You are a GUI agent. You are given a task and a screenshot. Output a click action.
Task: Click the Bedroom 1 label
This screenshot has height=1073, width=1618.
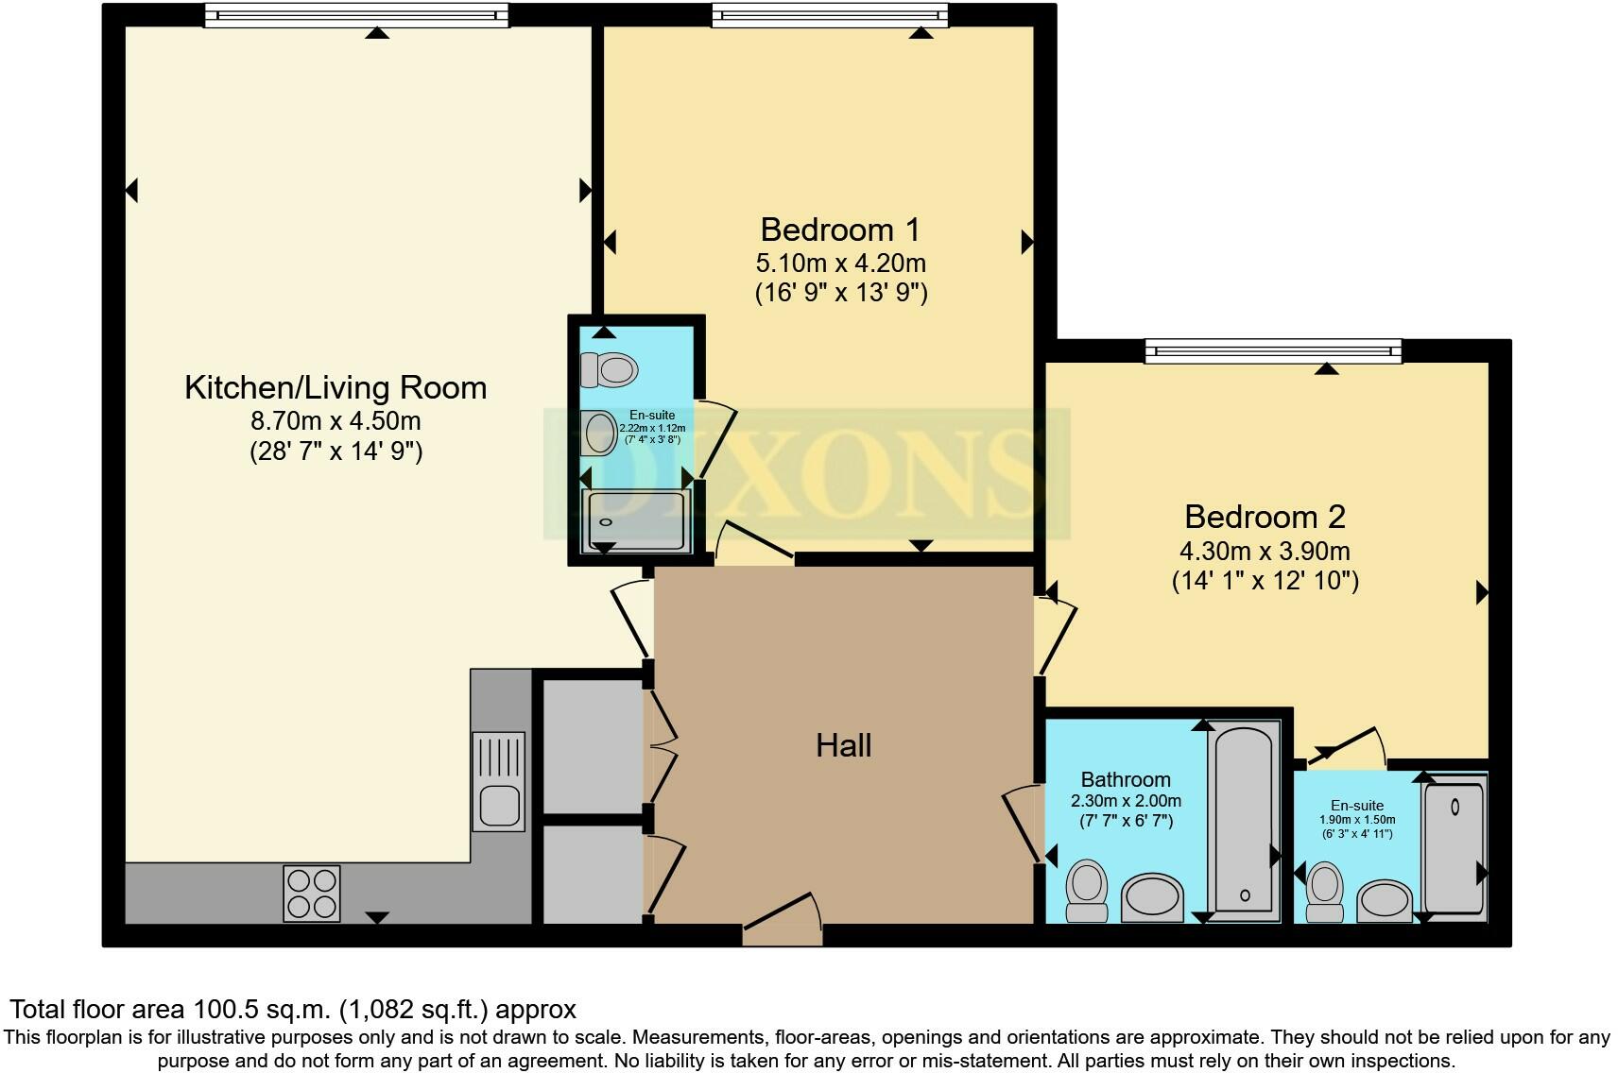click(x=839, y=230)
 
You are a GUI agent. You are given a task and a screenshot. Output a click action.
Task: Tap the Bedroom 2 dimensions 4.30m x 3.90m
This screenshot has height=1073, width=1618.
click(x=1265, y=551)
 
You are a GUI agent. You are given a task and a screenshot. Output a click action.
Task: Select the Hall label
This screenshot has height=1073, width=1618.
click(x=843, y=745)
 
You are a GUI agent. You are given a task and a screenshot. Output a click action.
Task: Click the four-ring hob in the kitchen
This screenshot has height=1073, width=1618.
click(x=312, y=894)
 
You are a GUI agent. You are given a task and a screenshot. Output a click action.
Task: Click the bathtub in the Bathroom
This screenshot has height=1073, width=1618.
click(x=1244, y=821)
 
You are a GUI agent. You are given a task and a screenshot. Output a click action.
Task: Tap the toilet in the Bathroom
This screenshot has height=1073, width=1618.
click(x=1087, y=890)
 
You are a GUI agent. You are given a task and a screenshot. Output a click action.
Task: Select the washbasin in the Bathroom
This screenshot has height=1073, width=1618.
click(x=1152, y=896)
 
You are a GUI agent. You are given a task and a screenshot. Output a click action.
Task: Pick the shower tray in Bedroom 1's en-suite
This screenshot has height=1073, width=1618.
click(x=638, y=519)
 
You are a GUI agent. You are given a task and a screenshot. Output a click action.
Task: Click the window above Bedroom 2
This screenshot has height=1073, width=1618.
click(x=1272, y=351)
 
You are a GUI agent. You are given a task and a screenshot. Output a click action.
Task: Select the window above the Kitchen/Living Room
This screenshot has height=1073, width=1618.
click(x=356, y=15)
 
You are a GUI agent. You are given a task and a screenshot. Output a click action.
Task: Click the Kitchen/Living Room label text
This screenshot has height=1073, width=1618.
click(x=336, y=387)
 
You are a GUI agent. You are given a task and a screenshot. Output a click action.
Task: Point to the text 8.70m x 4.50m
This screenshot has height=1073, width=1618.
click(x=336, y=420)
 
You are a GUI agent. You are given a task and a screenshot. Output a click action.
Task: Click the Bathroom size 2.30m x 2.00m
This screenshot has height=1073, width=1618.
click(x=1126, y=801)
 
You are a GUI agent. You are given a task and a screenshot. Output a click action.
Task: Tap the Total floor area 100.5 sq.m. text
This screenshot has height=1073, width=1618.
click(x=292, y=1009)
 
